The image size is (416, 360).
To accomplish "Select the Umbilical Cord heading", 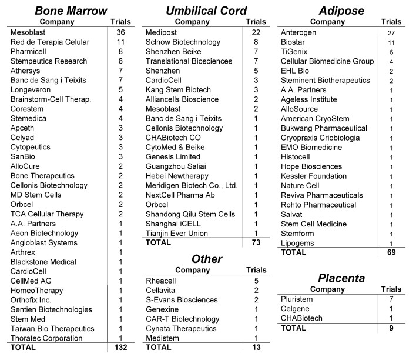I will point(206,11).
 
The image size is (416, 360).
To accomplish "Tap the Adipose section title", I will point(341,11).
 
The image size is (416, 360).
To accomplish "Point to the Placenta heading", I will point(341,278).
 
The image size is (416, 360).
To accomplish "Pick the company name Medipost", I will point(162,32).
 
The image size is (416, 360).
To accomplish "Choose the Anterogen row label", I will point(299,32).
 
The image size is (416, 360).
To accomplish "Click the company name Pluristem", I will point(298,299).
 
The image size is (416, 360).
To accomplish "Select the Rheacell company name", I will point(162,281).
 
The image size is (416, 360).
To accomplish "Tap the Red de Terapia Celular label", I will point(49,42).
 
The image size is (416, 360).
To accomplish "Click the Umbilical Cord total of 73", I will point(256,243).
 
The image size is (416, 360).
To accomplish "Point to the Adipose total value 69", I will point(391,252).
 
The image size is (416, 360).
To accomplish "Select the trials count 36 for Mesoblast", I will point(121,32).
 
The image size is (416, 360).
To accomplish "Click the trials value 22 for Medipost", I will point(256,32).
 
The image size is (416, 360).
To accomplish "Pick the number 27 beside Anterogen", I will point(391,32).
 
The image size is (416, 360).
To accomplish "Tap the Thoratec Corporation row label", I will point(47,338).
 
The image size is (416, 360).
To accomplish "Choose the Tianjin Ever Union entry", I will point(177,234).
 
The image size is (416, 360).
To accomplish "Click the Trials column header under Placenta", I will point(391,289).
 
